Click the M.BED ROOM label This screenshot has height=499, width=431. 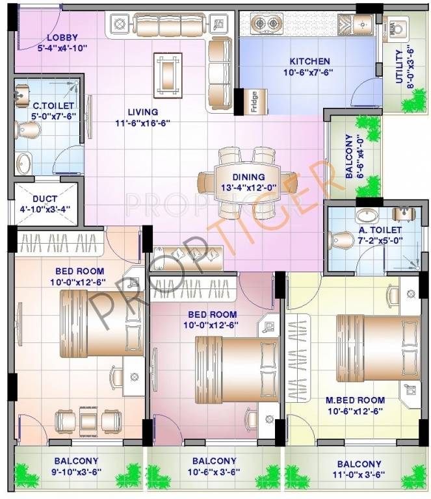[x=355, y=400]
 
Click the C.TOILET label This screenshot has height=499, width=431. [x=46, y=105]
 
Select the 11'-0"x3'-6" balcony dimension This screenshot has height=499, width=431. [x=359, y=474]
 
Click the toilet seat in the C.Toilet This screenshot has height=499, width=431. [x=28, y=131]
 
